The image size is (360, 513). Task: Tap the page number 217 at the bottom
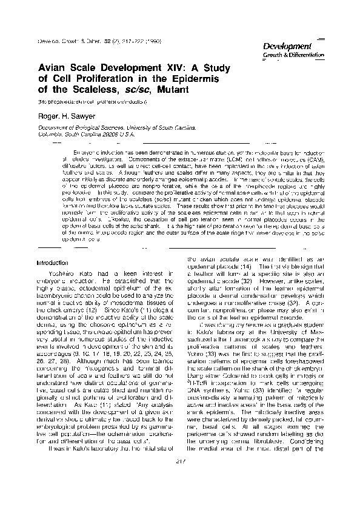179,479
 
